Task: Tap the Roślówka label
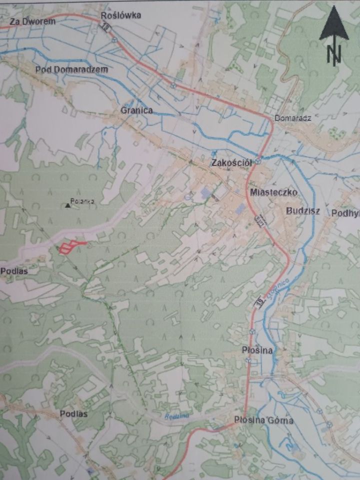coord(121,15)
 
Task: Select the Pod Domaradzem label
coord(71,69)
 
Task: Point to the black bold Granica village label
coord(136,110)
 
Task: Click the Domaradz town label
coord(293,118)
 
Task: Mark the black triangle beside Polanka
coord(67,204)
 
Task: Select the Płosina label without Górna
coord(257,350)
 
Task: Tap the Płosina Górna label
coord(264,420)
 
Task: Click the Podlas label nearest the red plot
coord(14,270)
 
